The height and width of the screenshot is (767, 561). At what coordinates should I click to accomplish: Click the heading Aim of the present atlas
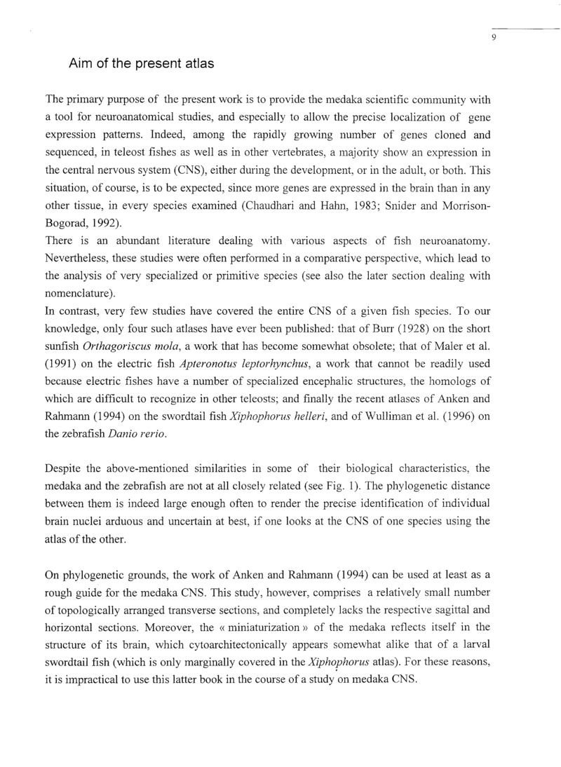[x=141, y=64]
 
